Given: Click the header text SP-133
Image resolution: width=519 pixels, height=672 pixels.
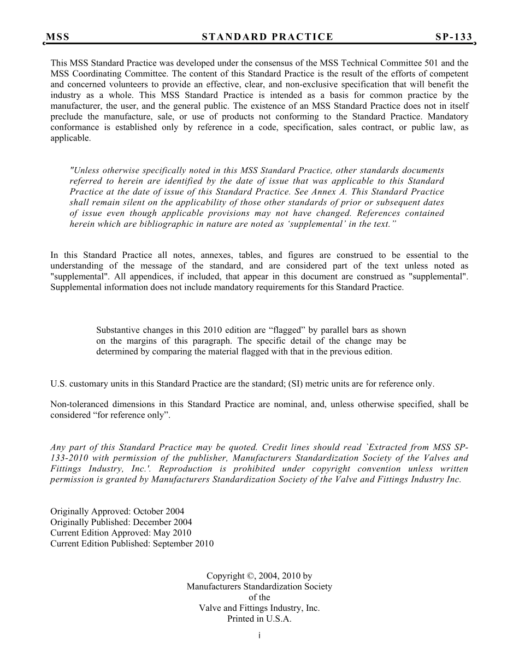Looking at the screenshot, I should click(x=453, y=37).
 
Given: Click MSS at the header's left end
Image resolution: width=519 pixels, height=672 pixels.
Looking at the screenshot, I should click(x=58, y=37).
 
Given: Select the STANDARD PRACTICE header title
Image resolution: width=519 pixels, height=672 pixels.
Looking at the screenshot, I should click(x=267, y=37).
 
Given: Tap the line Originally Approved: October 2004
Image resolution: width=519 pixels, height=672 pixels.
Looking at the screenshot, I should click(x=117, y=512).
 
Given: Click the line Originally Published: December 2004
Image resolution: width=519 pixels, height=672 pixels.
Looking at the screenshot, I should click(x=121, y=522).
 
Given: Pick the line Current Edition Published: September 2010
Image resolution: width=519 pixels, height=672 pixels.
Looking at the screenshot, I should click(x=132, y=544).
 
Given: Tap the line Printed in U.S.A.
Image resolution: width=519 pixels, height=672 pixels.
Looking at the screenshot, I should click(x=259, y=619).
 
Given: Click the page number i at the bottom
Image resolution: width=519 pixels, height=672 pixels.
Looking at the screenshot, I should click(x=259, y=635).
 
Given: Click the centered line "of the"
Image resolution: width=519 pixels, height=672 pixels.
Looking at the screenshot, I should click(x=259, y=597).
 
